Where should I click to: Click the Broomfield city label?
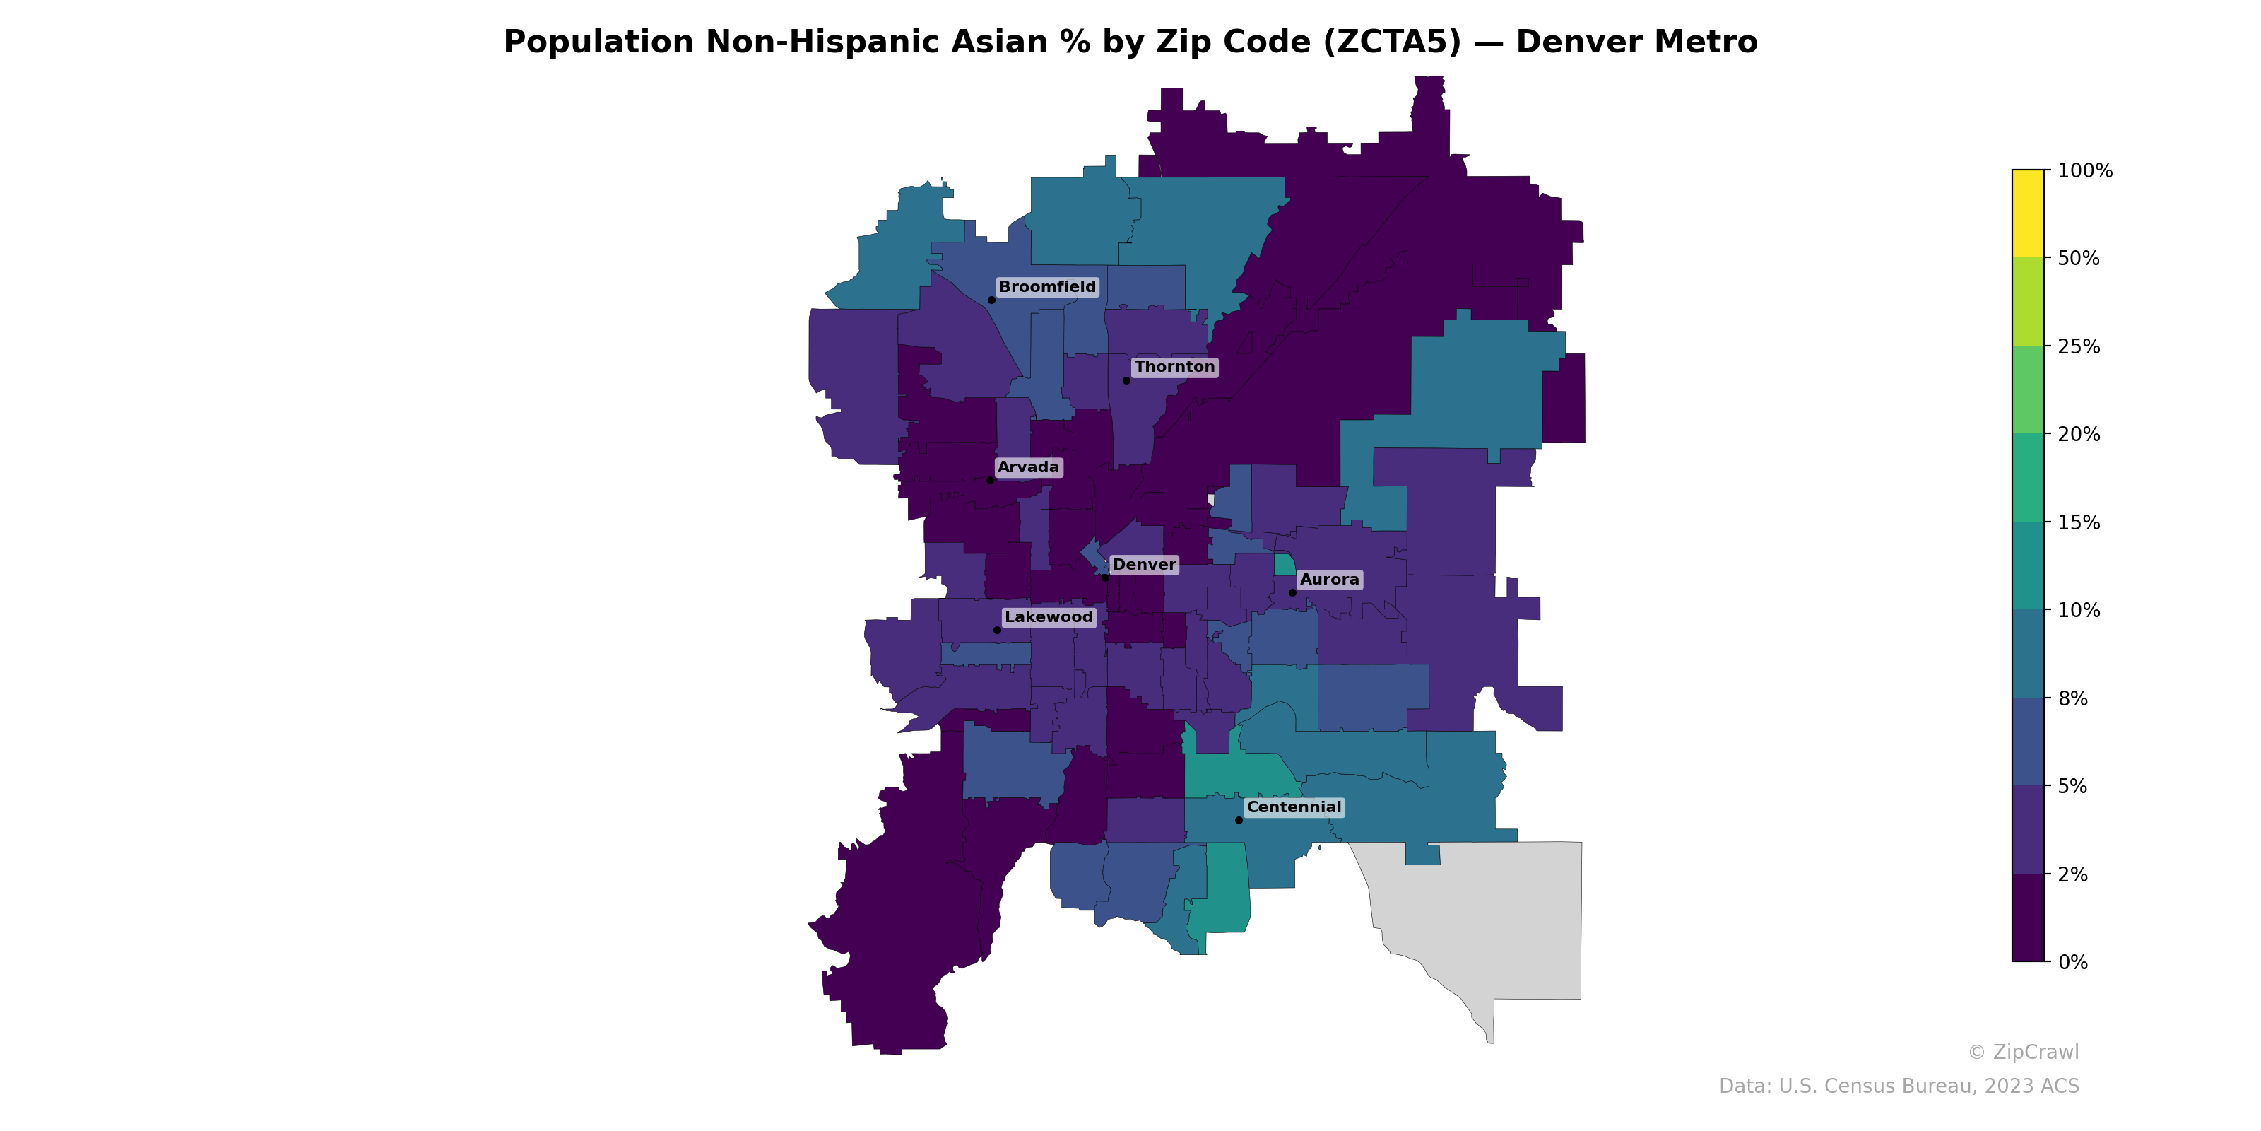pos(1047,287)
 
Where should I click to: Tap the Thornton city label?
pos(1174,367)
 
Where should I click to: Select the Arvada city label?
pos(1029,467)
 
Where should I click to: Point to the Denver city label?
pos(1145,565)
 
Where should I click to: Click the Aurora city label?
pos(1329,580)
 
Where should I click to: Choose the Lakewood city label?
pos(1049,617)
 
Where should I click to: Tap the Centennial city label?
pos(1294,807)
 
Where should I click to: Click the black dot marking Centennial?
pos(1239,820)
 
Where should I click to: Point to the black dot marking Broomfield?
pos(991,300)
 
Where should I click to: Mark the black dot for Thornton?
pos(1126,380)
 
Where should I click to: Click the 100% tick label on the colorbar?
pos(2084,171)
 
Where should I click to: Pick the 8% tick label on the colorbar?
pos(2072,699)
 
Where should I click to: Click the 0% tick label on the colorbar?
pos(2072,962)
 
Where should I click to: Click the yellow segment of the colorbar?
pos(2028,213)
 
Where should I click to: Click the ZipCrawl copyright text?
pos(2023,1052)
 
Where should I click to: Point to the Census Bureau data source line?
pos(1899,1086)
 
